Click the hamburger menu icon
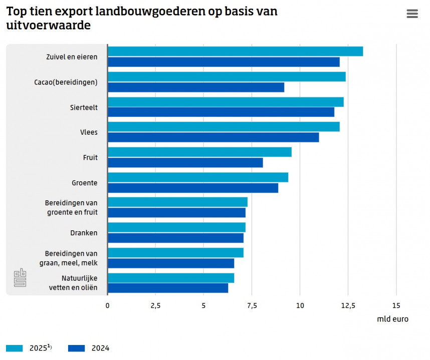(x=412, y=14)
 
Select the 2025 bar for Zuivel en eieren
(x=235, y=51)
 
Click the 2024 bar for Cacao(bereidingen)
(x=196, y=87)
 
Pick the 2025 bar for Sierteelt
(x=226, y=102)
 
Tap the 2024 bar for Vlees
(x=213, y=137)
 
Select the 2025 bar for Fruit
(x=199, y=152)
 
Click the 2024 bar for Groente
(x=193, y=188)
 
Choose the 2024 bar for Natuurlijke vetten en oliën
(x=168, y=288)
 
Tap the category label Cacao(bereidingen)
(x=66, y=82)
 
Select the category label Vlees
(x=89, y=132)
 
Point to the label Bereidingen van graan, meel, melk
(x=71, y=258)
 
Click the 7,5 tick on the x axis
(x=252, y=305)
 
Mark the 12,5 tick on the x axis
(x=348, y=305)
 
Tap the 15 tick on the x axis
(x=396, y=305)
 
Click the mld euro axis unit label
(x=392, y=319)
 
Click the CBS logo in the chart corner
(x=20, y=278)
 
